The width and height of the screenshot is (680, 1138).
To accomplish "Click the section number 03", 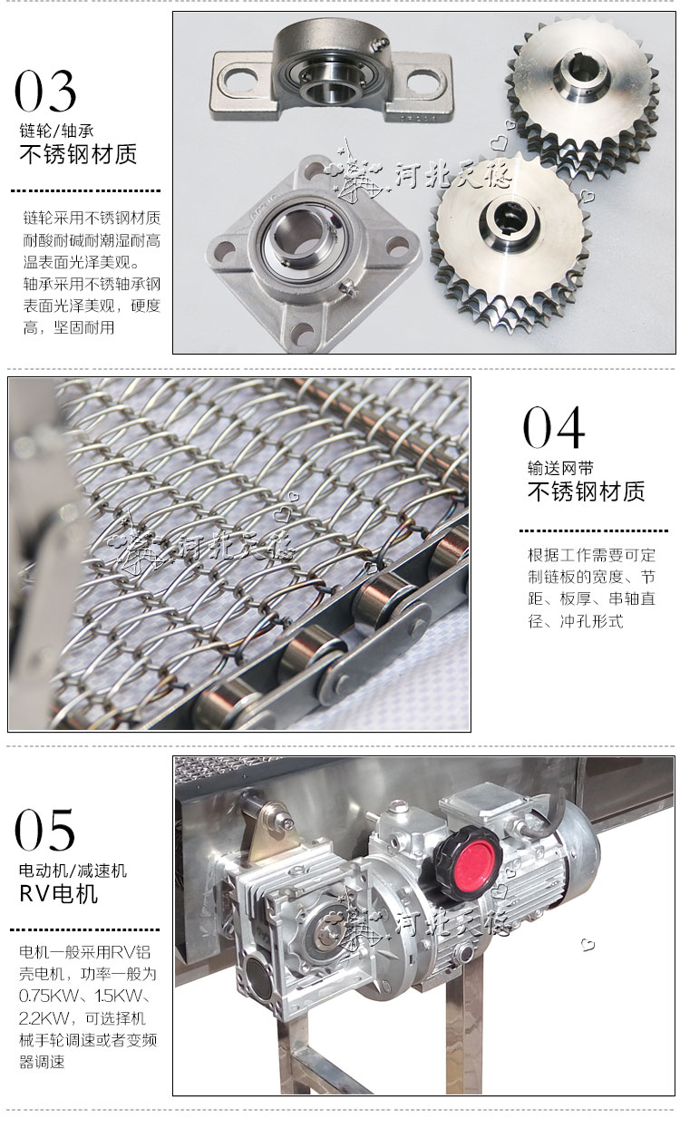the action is point(45,91).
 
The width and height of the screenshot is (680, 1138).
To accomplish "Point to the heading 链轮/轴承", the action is point(56,131).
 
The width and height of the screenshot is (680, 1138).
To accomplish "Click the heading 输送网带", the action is point(560,467).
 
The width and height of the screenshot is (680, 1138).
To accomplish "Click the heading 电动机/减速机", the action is point(73,871).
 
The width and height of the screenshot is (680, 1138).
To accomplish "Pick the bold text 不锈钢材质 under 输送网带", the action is point(586,491).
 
